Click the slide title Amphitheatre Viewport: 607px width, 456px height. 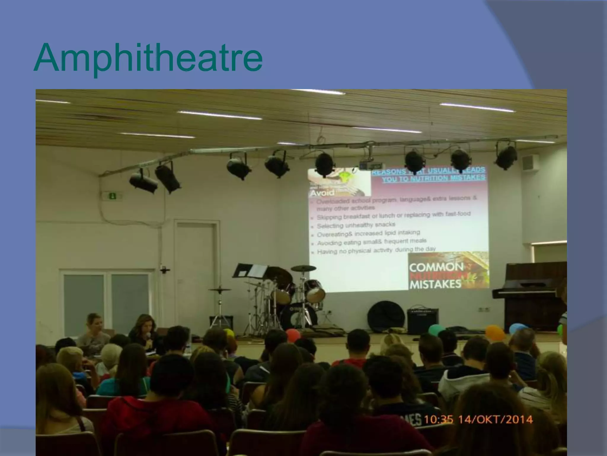pos(148,58)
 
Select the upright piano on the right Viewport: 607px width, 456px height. pos(531,294)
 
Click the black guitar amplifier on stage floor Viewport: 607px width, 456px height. pos(422,321)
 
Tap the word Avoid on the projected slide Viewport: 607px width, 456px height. pos(322,193)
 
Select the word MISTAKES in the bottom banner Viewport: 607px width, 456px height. pos(435,284)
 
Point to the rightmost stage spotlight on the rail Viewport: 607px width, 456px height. pos(506,156)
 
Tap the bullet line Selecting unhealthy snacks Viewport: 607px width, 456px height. pos(356,225)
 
